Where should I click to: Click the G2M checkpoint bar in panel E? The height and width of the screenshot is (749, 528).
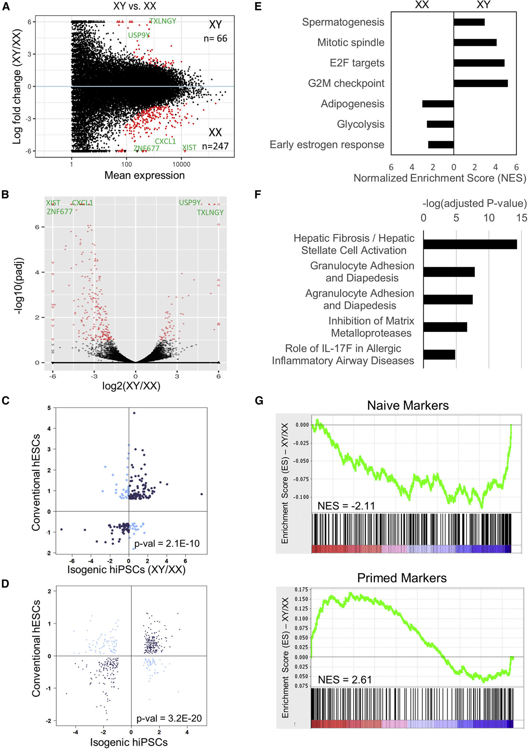(x=480, y=83)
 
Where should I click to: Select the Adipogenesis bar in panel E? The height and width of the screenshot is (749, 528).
(x=438, y=104)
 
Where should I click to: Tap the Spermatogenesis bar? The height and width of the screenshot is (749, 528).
(x=469, y=22)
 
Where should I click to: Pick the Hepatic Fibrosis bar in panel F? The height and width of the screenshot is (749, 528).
(x=470, y=244)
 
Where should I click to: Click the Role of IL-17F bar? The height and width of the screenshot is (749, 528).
(x=439, y=355)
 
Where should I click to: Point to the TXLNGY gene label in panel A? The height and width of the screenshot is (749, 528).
(x=163, y=21)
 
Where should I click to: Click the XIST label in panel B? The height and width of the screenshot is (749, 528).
(x=53, y=203)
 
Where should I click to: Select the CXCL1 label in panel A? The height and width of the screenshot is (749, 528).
(x=165, y=141)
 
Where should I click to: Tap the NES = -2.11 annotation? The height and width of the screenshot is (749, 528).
(x=346, y=506)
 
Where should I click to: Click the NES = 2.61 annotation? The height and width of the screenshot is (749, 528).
(x=345, y=680)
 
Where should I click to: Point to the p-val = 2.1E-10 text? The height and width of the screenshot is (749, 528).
(x=167, y=543)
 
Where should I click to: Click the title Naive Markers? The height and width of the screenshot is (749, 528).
(x=408, y=405)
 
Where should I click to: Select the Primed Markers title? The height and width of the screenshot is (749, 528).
(x=402, y=578)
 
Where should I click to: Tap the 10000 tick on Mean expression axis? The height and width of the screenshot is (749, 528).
(x=181, y=164)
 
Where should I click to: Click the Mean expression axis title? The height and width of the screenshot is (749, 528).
(x=144, y=175)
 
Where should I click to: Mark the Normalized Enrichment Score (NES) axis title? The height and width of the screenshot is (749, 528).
(x=440, y=178)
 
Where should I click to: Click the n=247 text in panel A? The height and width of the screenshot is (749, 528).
(x=215, y=146)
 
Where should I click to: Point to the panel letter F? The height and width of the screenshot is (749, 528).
(x=258, y=194)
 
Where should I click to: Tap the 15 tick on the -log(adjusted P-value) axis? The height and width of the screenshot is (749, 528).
(x=521, y=218)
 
